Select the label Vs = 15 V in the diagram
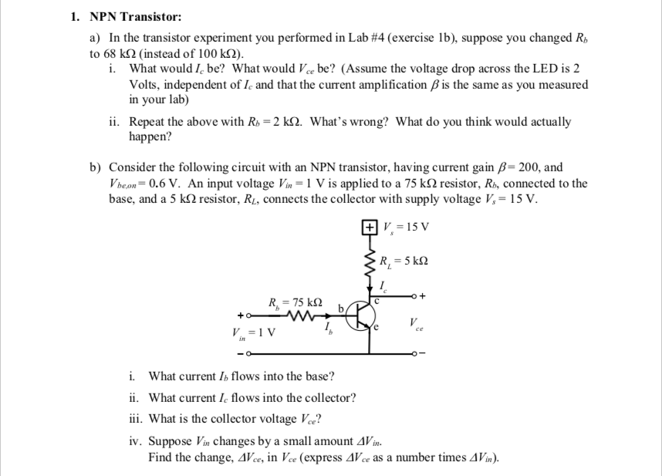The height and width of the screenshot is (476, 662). [x=406, y=227]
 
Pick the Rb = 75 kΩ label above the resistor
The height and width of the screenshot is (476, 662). [x=294, y=301]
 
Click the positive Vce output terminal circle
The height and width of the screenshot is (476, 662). [x=414, y=294]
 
